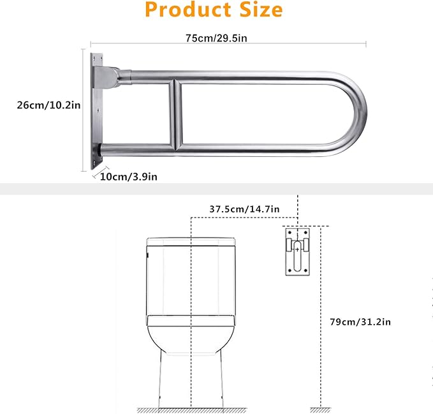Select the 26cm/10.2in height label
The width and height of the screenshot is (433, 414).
pyautogui.click(x=48, y=105)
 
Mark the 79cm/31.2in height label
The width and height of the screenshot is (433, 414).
pyautogui.click(x=364, y=322)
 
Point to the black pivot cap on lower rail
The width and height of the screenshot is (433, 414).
pyautogui.click(x=100, y=151)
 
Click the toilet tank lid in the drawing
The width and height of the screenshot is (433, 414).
pyautogui.click(x=191, y=241)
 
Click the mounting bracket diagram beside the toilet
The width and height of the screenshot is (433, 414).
pyautogui.click(x=297, y=252)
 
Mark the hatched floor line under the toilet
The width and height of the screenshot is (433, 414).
pyautogui.click(x=191, y=409)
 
